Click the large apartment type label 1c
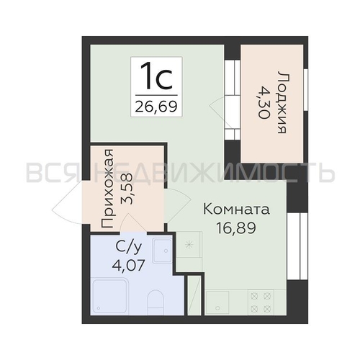[156, 76]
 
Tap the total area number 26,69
[156, 107]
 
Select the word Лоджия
[282, 102]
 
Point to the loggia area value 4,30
[264, 102]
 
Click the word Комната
[236, 209]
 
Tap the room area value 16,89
[236, 228]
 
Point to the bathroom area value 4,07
[128, 265]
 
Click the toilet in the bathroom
[155, 302]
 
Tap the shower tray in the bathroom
[111, 296]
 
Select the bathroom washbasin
[162, 251]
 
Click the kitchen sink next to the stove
[217, 302]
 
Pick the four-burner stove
[261, 302]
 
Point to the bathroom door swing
[132, 223]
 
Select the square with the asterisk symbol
[189, 245]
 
